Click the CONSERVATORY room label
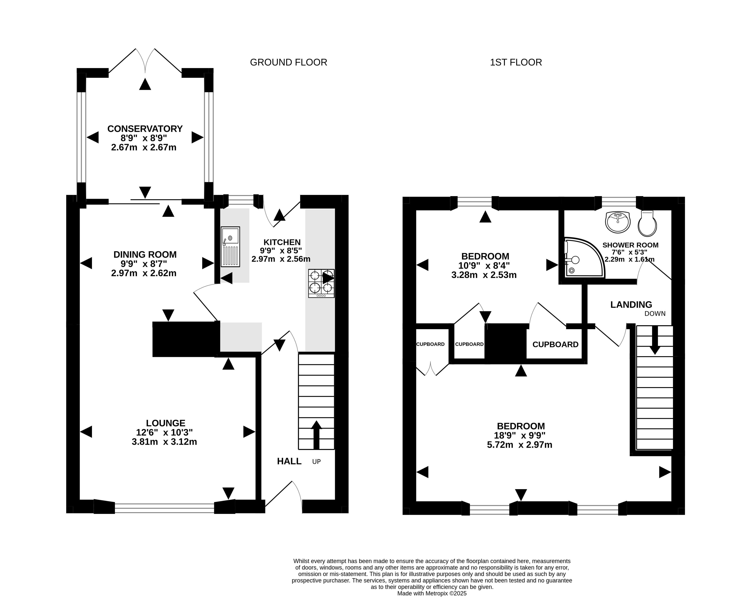[145, 129]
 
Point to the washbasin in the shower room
[618, 222]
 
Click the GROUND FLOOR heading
[288, 62]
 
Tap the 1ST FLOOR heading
[516, 62]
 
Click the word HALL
[289, 461]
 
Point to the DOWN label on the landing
[655, 314]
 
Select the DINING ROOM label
[145, 255]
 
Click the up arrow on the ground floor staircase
[316, 435]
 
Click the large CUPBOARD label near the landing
[556, 345]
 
